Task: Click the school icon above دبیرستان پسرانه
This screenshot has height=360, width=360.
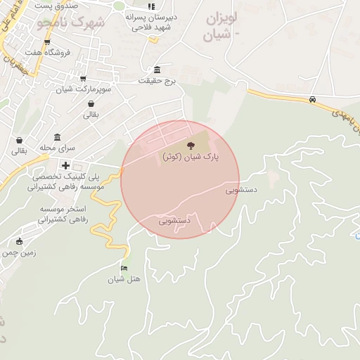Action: pos(150,6)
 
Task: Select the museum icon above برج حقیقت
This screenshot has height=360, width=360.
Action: pos(156,70)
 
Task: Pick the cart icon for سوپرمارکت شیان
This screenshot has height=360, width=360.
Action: pos(83,79)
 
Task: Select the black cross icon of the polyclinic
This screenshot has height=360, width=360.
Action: pos(65,165)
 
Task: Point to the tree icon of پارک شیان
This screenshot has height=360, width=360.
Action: pos(191,146)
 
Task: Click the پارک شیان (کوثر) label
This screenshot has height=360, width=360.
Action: pos(191,157)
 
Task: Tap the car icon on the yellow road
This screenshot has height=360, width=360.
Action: pos(312,99)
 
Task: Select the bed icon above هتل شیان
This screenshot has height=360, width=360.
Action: pos(124,268)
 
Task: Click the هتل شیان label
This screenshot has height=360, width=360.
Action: pos(124,279)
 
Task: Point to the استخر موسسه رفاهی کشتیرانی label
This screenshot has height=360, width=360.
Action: pos(55,214)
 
